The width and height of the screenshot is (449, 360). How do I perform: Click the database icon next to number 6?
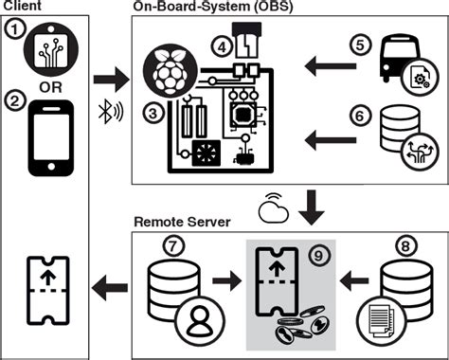(x=398, y=133)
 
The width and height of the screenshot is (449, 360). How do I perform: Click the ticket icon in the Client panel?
(x=44, y=278)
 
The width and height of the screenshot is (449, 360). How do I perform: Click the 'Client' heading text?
(x=21, y=6)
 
